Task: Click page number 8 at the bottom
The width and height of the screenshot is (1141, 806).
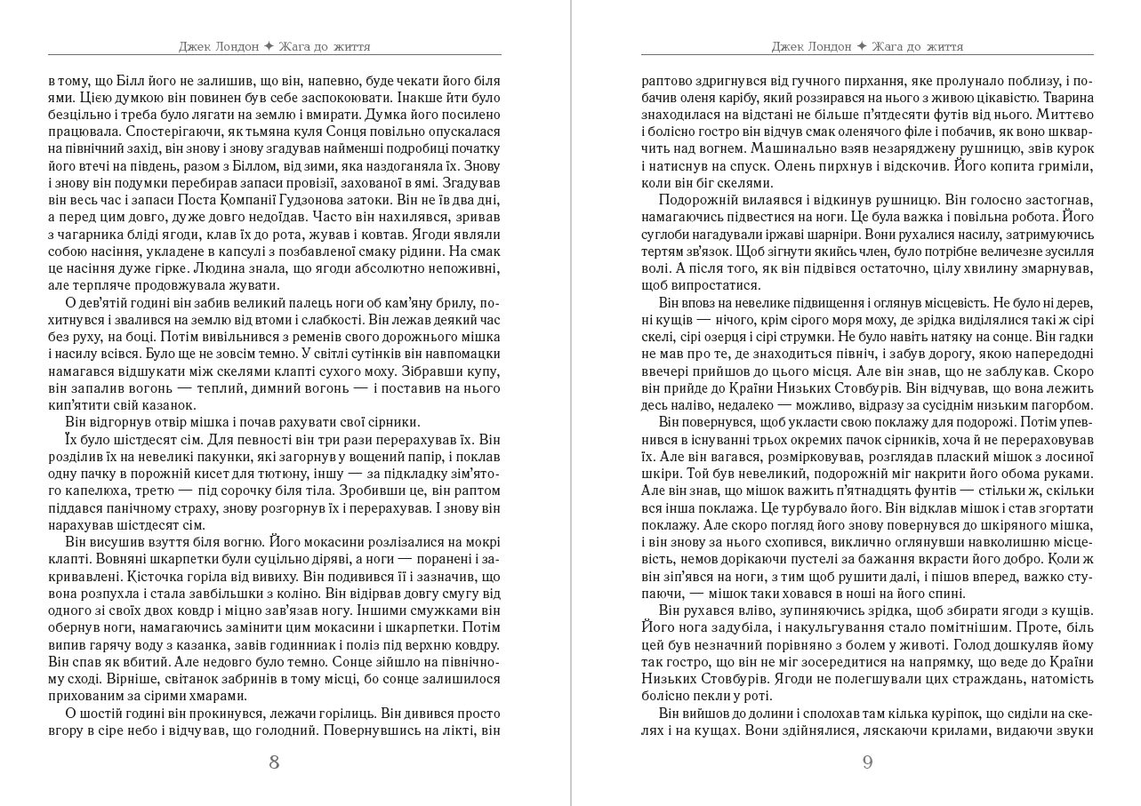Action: pos(274,762)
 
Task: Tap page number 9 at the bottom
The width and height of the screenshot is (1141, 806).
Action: pos(867,762)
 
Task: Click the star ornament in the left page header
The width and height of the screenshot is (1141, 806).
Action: pos(269,46)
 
